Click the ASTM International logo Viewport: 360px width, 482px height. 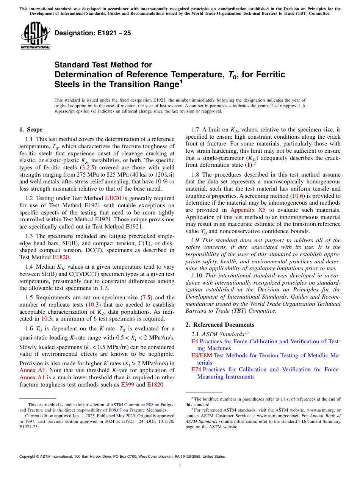tap(35, 36)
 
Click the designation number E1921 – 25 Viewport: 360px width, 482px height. tap(93, 33)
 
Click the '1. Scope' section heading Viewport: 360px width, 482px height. tap(31, 130)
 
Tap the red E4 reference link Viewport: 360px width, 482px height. tap(194, 341)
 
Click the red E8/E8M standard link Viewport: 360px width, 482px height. tap(202, 355)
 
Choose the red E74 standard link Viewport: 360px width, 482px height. tap(196, 369)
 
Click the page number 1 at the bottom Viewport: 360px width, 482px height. tap(180, 466)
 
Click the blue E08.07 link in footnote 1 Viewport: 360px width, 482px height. tap(114, 410)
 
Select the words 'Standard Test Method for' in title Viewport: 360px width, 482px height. tap(103, 65)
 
